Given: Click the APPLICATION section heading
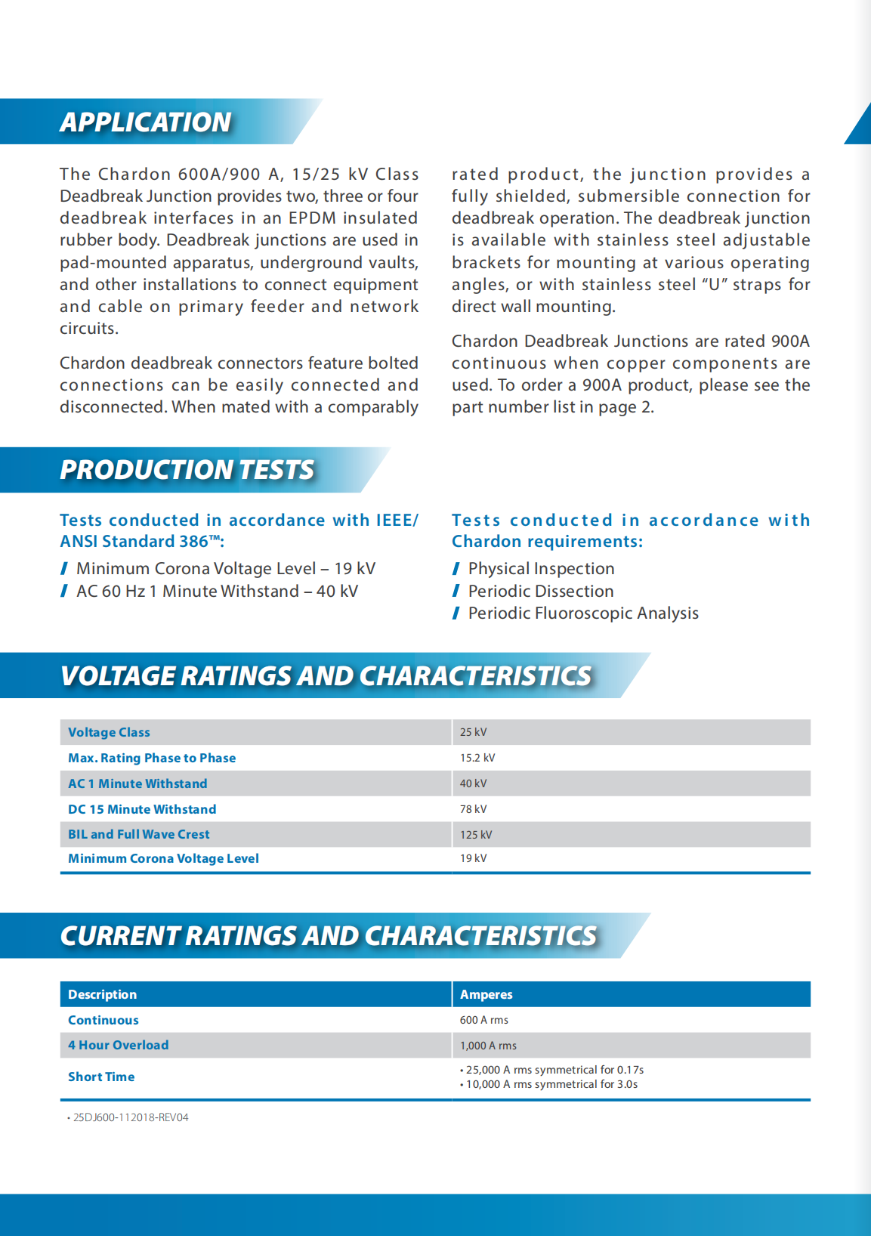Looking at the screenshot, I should coord(146,122).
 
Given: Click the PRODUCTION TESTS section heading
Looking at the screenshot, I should coord(187,469).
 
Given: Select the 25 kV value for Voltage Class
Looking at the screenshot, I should coord(474,732).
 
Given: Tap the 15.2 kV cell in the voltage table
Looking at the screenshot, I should coord(477,758).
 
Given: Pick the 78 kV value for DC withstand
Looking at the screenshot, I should coord(474,809).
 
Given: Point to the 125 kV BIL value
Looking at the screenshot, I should coord(476,835).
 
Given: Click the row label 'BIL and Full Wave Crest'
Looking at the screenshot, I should coord(139,834).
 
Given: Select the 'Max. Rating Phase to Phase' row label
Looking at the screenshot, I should coord(152,758).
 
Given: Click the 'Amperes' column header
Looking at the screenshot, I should coord(486,994).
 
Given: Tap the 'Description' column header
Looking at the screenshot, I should coord(103,994).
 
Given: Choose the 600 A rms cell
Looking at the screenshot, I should coord(484,1020).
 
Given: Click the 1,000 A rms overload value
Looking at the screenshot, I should coord(489,1046).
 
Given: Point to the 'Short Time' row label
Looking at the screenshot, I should coord(101,1077).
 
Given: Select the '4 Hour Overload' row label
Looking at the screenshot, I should coord(119,1045).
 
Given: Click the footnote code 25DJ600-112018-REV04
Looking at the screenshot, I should coord(131,1117).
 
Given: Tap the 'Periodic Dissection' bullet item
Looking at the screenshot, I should coord(541,591).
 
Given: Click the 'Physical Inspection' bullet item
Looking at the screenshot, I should coord(542,568).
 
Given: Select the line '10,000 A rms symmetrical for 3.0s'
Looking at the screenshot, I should coord(551,1084).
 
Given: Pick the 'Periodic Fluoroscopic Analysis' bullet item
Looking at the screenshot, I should coord(583,613).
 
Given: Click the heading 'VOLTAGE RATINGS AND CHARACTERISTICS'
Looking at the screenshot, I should coord(326,675).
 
